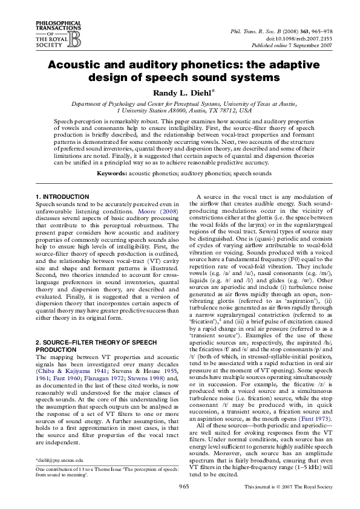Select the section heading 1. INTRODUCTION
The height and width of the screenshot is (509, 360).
[62, 197]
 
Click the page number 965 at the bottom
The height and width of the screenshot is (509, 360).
[180, 487]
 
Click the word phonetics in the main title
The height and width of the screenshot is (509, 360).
[207, 66]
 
